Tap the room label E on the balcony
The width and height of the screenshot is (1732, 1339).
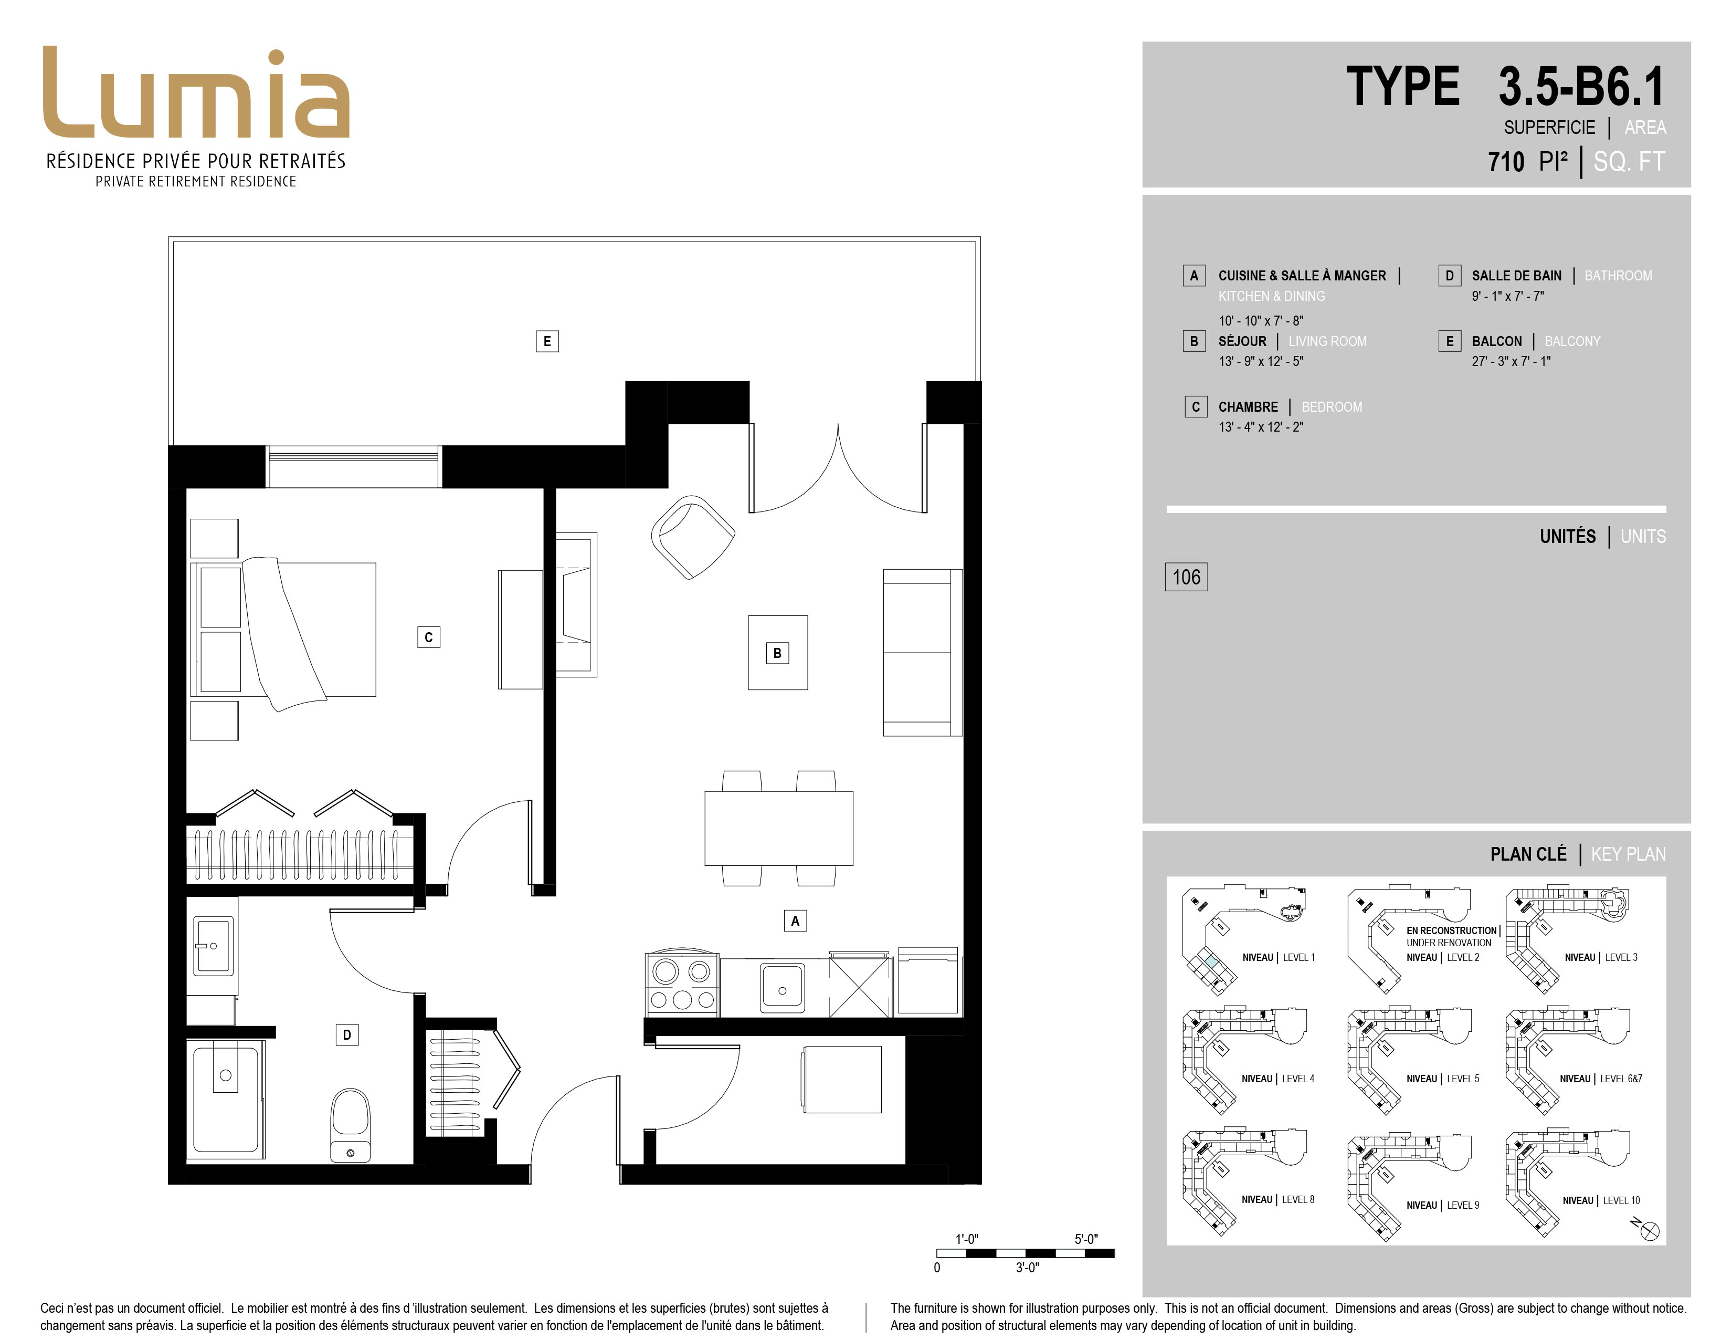546,341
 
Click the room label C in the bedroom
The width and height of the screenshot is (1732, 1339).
428,637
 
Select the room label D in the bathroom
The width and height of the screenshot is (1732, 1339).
346,1034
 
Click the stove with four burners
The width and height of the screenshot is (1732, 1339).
682,984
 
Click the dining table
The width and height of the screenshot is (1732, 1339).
779,828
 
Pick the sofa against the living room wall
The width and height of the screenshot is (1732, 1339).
922,653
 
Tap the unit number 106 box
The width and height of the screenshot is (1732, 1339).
1186,577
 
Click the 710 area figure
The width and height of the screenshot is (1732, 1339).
1506,162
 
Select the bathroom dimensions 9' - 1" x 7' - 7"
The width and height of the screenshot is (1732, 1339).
1507,296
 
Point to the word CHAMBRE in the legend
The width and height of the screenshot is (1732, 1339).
1248,407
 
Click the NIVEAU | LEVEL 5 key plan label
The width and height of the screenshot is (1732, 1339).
1442,1079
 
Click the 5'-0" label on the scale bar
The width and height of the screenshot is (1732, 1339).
1086,1239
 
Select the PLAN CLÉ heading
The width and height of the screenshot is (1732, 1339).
1528,854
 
